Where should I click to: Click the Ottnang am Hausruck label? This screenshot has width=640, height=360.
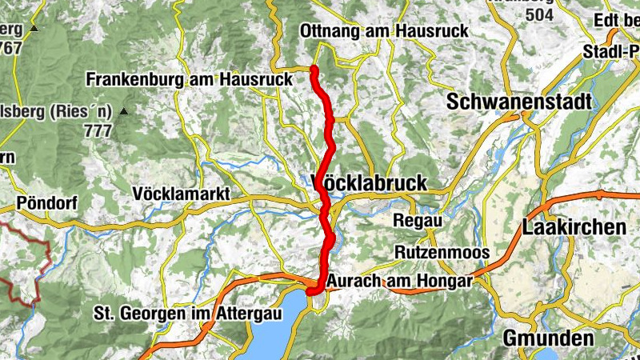tap(384, 30)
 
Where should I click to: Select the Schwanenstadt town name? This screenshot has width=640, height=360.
tap(519, 102)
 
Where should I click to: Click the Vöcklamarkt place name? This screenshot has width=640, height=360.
tap(182, 194)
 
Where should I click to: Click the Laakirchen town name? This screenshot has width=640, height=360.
tap(574, 227)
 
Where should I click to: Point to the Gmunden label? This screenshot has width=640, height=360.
tap(548, 338)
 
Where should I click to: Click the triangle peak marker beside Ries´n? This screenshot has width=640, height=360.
tap(123, 113)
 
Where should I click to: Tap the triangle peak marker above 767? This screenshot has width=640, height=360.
tap(34, 29)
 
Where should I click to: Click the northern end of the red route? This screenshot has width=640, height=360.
tap(314, 70)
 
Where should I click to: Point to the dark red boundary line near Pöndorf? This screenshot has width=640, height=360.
tap(46, 256)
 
